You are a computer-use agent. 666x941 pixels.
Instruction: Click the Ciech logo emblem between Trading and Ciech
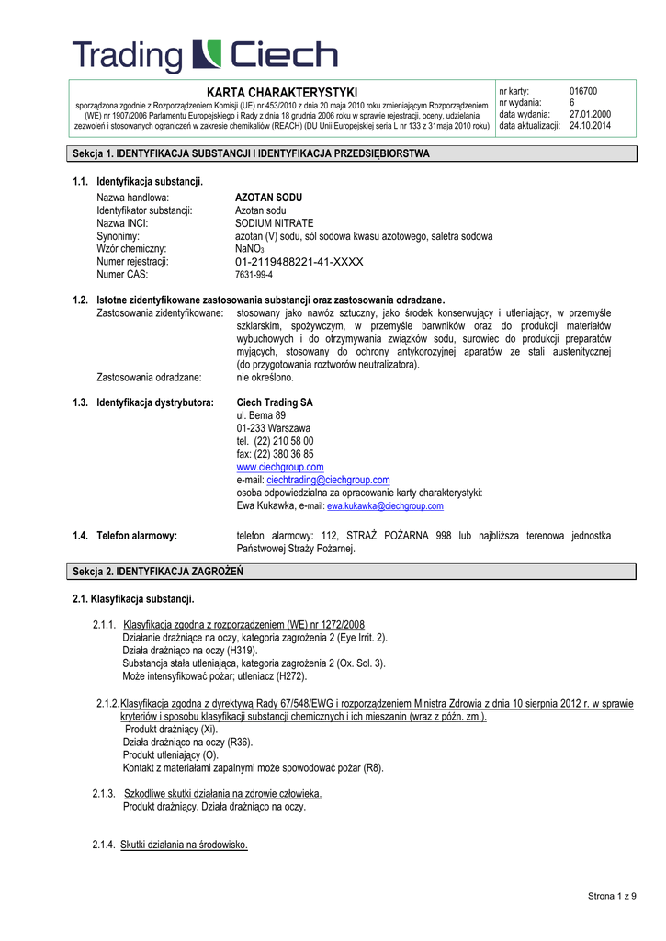(206, 56)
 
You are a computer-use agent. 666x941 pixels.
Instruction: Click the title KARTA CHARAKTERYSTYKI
(281, 93)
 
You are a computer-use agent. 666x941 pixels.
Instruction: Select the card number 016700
(583, 92)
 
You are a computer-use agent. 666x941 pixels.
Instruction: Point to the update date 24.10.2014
(590, 125)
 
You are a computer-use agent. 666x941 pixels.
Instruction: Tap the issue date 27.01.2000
(590, 114)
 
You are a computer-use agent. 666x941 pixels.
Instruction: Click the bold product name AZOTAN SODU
(268, 198)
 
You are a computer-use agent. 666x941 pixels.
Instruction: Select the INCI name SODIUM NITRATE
(274, 223)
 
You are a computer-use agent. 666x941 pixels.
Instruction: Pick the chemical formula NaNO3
(250, 249)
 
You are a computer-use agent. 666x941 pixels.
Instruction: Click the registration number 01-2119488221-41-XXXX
(299, 262)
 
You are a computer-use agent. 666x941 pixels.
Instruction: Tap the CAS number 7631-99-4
(254, 275)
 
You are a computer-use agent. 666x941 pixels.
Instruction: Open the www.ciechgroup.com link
(280, 467)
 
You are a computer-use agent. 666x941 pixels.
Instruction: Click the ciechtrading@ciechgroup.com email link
(328, 480)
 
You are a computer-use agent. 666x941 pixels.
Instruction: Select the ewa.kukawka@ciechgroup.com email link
(385, 506)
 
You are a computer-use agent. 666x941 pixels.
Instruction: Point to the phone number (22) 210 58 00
(284, 441)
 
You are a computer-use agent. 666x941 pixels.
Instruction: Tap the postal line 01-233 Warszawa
(273, 428)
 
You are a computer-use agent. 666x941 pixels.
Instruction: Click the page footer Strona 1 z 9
(612, 896)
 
